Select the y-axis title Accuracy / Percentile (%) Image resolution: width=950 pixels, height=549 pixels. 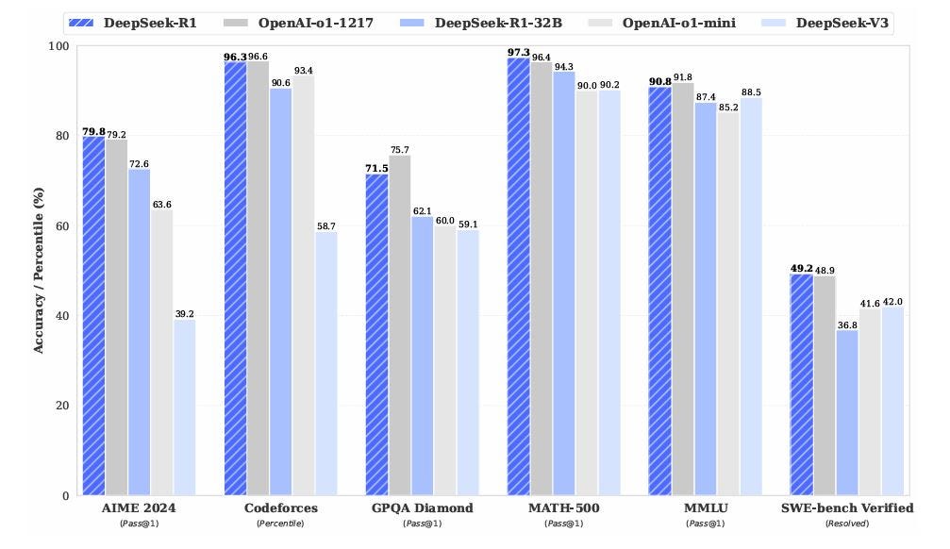tap(39, 271)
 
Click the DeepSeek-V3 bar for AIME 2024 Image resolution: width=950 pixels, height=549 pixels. tap(185, 408)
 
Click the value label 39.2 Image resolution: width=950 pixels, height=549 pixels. tap(185, 313)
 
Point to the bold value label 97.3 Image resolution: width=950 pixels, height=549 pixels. tap(518, 52)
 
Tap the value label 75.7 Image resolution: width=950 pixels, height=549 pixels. tap(399, 149)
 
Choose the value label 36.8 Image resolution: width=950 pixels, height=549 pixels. tap(847, 324)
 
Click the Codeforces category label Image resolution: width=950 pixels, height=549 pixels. tap(281, 508)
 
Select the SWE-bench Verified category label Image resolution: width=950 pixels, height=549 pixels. tap(847, 508)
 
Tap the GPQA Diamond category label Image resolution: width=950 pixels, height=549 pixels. tap(422, 508)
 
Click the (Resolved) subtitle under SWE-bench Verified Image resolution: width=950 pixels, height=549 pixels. tap(847, 524)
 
